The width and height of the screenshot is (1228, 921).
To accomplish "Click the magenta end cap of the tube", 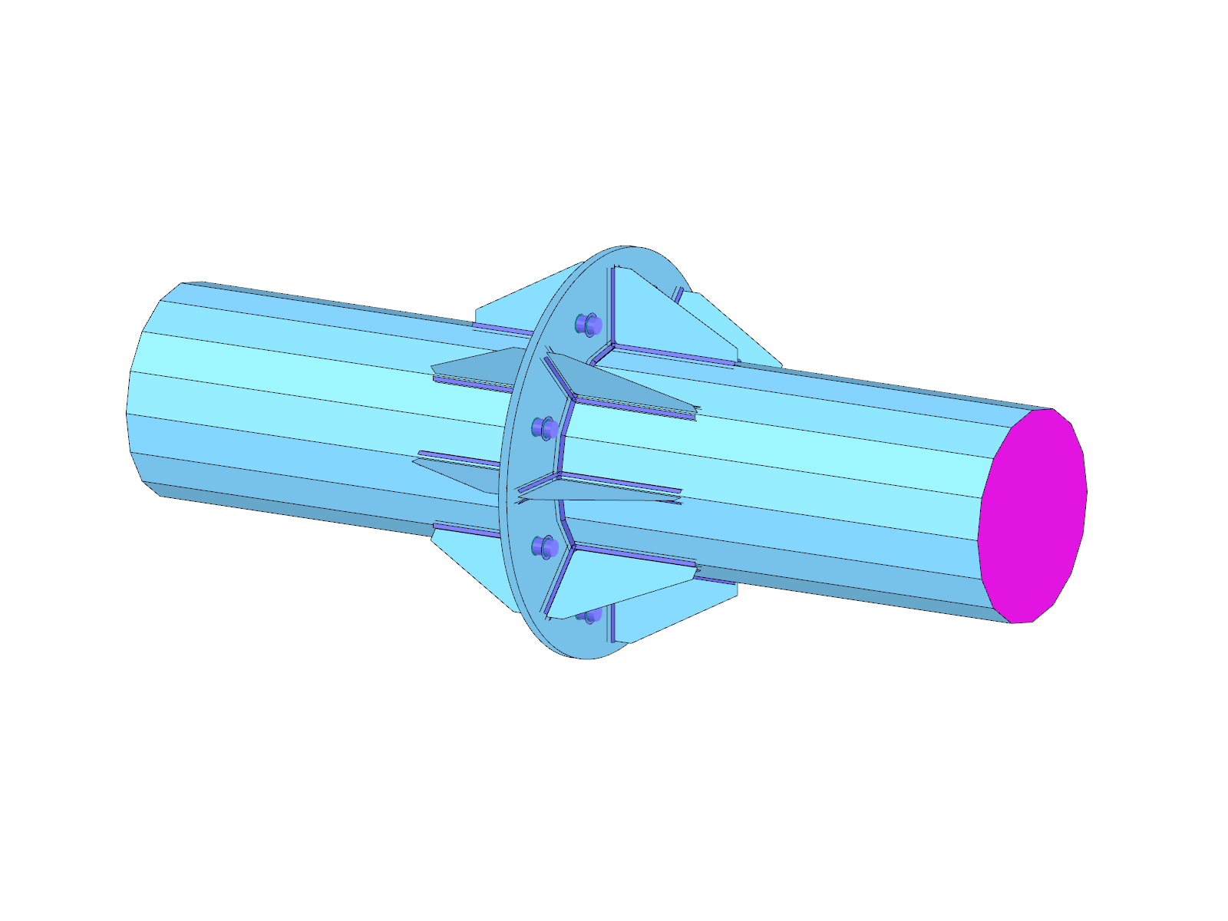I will click(1032, 516).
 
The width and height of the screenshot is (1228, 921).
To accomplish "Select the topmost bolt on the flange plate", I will click(588, 324).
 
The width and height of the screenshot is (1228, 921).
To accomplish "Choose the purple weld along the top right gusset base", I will click(675, 356).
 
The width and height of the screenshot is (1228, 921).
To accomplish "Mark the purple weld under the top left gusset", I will click(499, 329).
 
